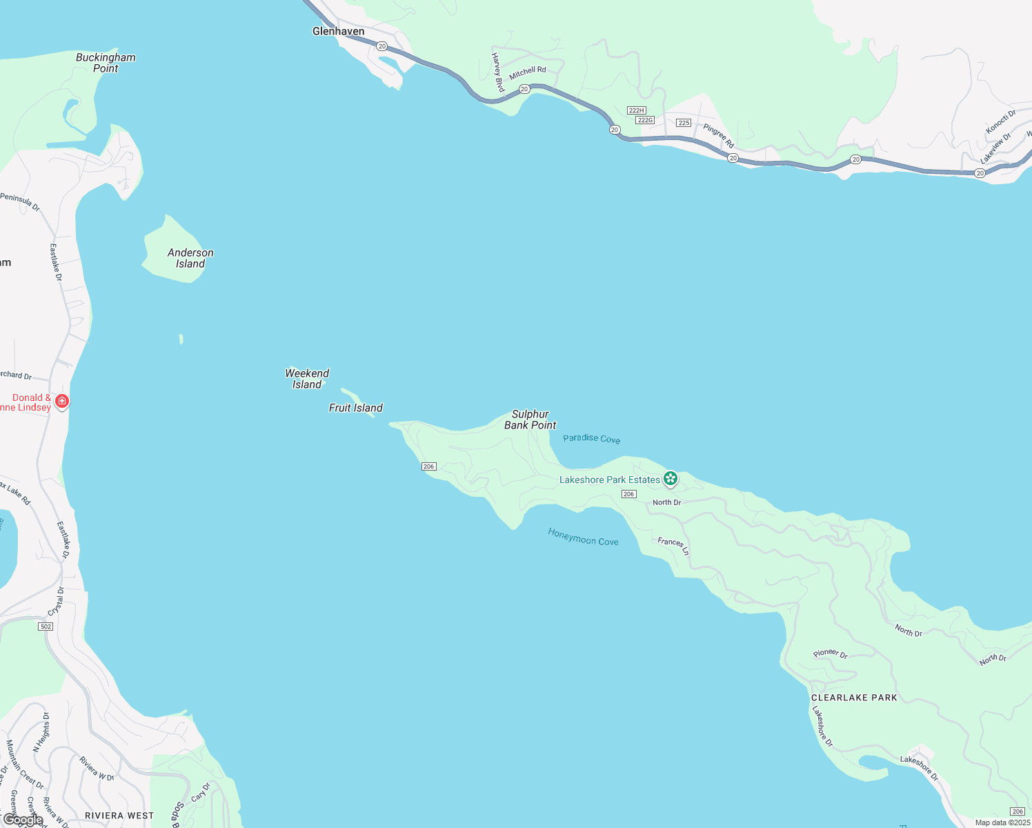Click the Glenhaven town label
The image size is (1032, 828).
click(x=338, y=32)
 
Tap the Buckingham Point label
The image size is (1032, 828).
click(x=106, y=63)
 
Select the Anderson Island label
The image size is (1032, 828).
click(x=190, y=258)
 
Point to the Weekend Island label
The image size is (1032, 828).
click(x=307, y=379)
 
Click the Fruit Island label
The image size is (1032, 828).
click(x=355, y=408)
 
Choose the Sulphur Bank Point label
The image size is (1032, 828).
click(x=530, y=420)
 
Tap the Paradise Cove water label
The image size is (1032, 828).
click(x=591, y=438)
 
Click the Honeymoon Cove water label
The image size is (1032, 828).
click(x=583, y=537)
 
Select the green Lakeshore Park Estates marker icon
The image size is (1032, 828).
click(x=670, y=478)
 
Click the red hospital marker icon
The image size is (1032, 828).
click(x=62, y=401)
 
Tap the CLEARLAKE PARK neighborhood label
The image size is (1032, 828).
click(x=854, y=698)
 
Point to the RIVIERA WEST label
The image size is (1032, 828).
click(x=119, y=816)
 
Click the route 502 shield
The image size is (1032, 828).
click(x=46, y=627)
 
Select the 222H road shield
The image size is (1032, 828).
click(x=636, y=110)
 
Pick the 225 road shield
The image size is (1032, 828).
click(x=683, y=123)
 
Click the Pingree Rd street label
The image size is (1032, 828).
click(x=719, y=135)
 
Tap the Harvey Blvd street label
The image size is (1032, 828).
click(x=497, y=72)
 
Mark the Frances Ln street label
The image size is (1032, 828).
click(x=673, y=546)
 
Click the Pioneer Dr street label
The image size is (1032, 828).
click(x=830, y=653)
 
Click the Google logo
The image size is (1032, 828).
click(x=23, y=820)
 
